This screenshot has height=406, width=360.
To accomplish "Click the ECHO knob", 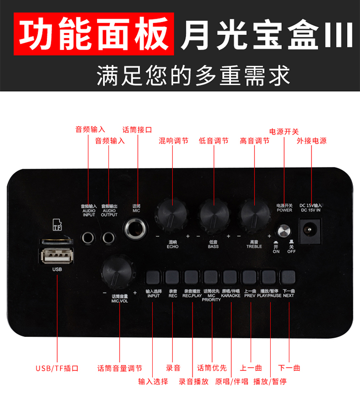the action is pyautogui.click(x=171, y=215).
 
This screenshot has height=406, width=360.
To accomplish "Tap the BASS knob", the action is pyautogui.click(x=214, y=215).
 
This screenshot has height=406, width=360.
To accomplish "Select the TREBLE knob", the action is pyautogui.click(x=254, y=215).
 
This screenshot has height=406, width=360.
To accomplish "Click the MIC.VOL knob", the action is pyautogui.click(x=118, y=272).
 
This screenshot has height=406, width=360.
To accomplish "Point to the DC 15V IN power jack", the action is pyautogui.click(x=310, y=231).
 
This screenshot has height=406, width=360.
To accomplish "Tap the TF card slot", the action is pyautogui.click(x=56, y=241).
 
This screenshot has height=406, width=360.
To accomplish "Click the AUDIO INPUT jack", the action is pyautogui.click(x=88, y=237).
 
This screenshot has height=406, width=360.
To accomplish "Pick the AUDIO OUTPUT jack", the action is pyautogui.click(x=108, y=237).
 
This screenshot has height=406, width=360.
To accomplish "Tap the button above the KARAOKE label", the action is pyautogui.click(x=229, y=278).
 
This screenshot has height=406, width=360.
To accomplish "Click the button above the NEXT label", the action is pyautogui.click(x=288, y=278).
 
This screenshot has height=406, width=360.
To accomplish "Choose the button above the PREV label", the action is pyautogui.click(x=249, y=278).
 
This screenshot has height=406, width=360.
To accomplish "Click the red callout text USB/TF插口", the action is pyautogui.click(x=57, y=369).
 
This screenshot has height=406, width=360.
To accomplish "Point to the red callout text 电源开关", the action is pyautogui.click(x=284, y=132).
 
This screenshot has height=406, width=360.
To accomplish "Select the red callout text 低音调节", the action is pyautogui.click(x=214, y=141).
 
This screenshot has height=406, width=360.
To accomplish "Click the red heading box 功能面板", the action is pyautogui.click(x=94, y=34).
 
